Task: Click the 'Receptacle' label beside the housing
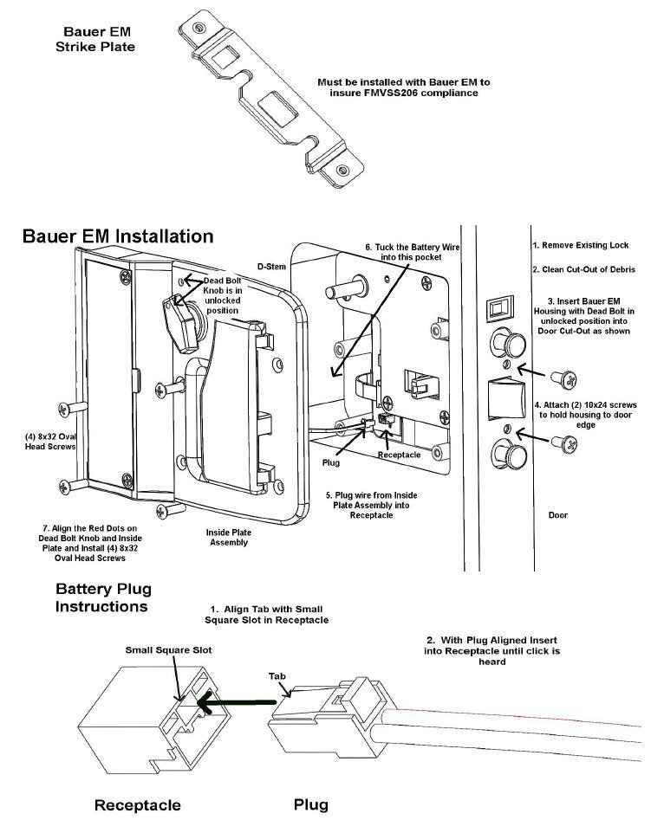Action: point(400,455)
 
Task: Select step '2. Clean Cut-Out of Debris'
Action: point(583,270)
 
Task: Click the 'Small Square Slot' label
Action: point(169,649)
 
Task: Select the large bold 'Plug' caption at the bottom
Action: point(310,804)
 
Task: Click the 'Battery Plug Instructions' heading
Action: point(102,597)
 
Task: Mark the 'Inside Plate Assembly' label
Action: point(227,537)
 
